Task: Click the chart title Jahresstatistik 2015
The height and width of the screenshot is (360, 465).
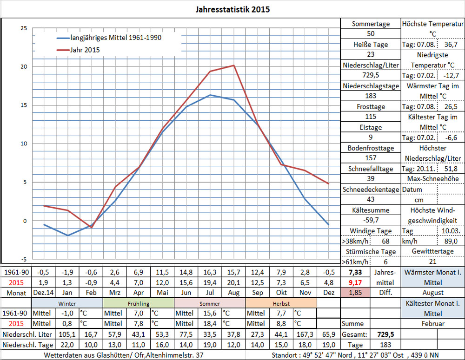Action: [x=232, y=9]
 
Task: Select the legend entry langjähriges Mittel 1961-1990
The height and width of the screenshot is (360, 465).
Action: [x=115, y=38]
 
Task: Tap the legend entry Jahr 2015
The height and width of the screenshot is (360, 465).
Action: [x=85, y=50]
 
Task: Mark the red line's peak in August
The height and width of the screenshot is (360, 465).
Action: [x=233, y=65]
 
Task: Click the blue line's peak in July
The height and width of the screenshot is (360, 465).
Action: [x=210, y=95]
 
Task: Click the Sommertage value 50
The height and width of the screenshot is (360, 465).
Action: [x=371, y=34]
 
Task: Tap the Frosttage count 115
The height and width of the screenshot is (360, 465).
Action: [x=371, y=117]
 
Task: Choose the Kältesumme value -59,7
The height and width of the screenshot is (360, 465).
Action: [x=371, y=220]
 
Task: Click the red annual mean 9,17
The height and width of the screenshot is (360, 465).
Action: [x=355, y=281]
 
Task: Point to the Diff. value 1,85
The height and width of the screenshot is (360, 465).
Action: [x=355, y=293]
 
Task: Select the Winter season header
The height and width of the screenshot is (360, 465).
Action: [x=67, y=303]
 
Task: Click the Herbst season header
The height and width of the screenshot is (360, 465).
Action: [x=281, y=303]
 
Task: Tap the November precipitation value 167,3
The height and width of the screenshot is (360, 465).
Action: [x=305, y=334]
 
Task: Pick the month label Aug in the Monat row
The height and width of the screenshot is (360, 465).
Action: [x=233, y=293]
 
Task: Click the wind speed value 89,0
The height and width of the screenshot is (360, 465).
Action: [x=451, y=242]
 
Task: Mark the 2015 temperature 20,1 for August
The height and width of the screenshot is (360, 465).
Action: [x=233, y=281]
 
